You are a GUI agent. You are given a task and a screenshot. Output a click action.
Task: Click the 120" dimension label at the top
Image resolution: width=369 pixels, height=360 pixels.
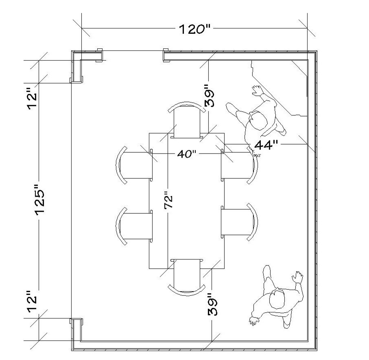click(x=194, y=29)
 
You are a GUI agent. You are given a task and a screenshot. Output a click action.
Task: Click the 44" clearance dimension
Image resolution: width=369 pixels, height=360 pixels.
click(x=265, y=144)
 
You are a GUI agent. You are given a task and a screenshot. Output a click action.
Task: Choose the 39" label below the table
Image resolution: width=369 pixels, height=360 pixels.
click(x=212, y=304)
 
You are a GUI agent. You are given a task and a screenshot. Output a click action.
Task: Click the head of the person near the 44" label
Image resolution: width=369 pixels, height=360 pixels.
click(x=257, y=121)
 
